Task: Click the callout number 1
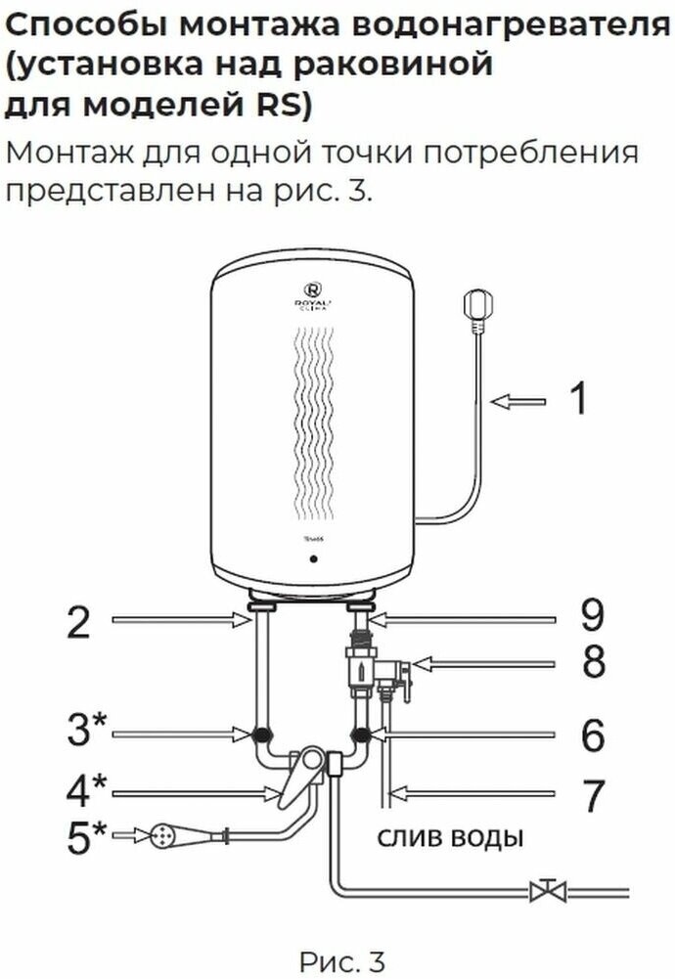[x=579, y=399]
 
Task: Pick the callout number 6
[x=593, y=735]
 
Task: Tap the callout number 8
[x=593, y=663]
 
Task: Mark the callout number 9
[x=593, y=616]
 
